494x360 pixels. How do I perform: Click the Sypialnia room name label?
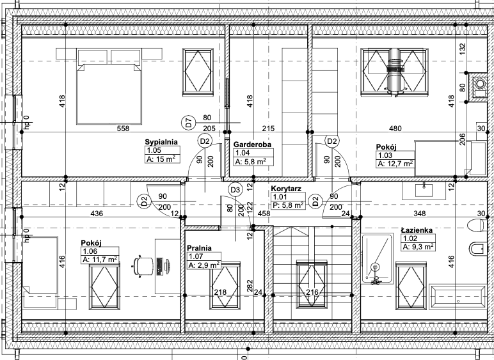coord(161,142)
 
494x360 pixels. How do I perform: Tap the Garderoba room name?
coord(252,145)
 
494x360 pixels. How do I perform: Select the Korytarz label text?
coord(286,189)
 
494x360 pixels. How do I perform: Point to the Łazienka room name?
coord(417,230)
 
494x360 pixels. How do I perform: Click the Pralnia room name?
coord(199,248)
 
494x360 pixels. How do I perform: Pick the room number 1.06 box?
coord(100,251)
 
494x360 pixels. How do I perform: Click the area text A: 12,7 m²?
coord(395,164)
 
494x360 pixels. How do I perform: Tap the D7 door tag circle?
coord(188,122)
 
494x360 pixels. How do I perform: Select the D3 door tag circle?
coord(235,190)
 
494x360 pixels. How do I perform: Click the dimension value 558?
coord(123,129)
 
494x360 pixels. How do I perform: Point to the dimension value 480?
coord(395,129)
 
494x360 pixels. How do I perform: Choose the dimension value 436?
coord(97,214)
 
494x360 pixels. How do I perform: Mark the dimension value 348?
coord(420,214)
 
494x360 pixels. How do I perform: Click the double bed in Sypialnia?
coord(109,86)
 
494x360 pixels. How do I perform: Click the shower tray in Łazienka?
coord(377,258)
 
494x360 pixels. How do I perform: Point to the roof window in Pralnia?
coord(225,285)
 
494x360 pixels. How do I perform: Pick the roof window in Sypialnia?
coord(198,72)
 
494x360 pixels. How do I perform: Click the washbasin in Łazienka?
coord(424,191)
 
